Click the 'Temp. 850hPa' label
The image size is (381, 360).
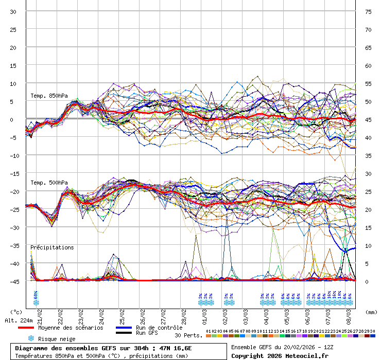coord(49,96)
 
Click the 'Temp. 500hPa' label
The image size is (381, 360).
coord(49,183)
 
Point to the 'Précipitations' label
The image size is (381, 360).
coord(52,247)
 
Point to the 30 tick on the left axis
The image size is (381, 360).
coord(13,12)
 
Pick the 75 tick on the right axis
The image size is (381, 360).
coord(368,12)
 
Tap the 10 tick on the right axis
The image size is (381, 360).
coord(368,246)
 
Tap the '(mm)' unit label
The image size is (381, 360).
coord(371,312)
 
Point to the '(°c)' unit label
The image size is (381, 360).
coord(16,312)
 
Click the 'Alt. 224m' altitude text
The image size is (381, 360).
coord(19,320)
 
